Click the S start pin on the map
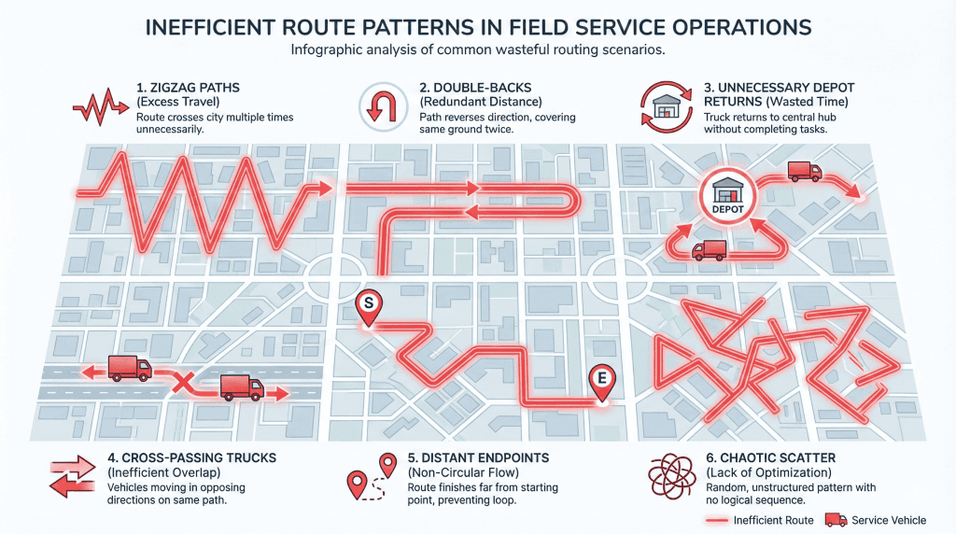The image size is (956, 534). click(x=368, y=304)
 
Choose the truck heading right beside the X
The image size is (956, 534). click(x=241, y=387)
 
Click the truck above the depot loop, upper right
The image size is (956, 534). click(x=803, y=171)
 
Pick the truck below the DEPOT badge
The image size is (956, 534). click(x=710, y=249)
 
